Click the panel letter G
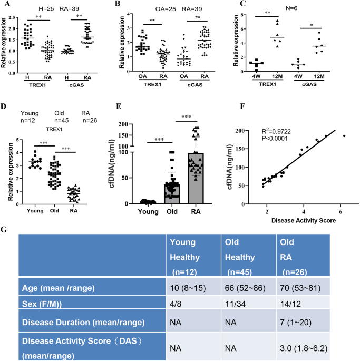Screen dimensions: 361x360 (5, 229)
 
